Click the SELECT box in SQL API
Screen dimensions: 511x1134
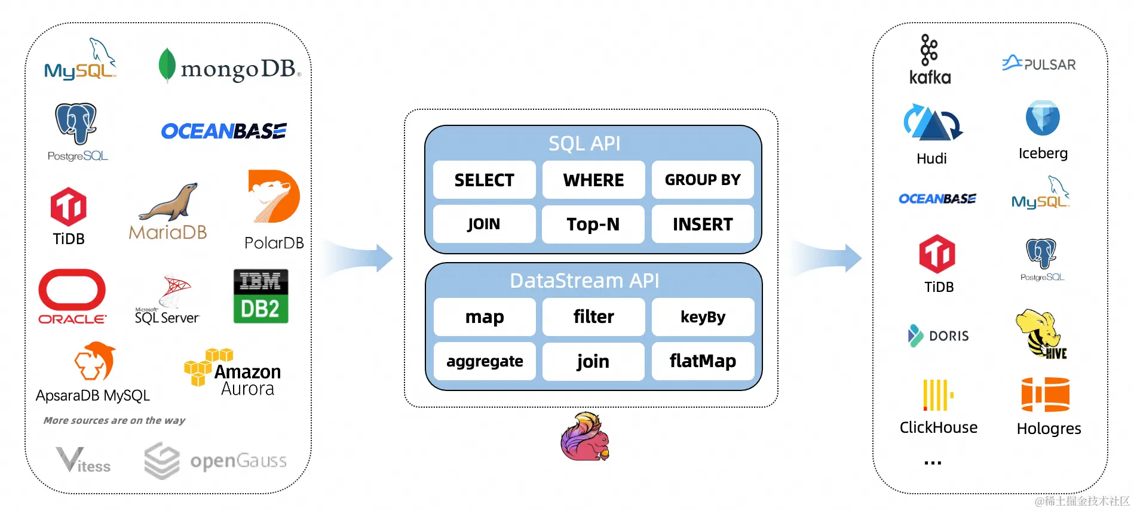pyautogui.click(x=484, y=180)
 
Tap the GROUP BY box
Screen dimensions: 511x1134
pyautogui.click(x=702, y=180)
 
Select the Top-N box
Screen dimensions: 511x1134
pyautogui.click(x=593, y=224)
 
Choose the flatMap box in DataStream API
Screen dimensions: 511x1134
pyautogui.click(x=703, y=361)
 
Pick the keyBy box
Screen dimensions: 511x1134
pyautogui.click(x=703, y=317)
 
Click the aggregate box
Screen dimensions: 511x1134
pyautogui.click(x=485, y=361)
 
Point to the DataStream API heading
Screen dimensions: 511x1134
pyautogui.click(x=584, y=281)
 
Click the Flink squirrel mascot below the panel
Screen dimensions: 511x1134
pyautogui.click(x=585, y=436)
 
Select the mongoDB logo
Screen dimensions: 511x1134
pyautogui.click(x=229, y=67)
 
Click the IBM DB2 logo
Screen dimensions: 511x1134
pyautogui.click(x=260, y=296)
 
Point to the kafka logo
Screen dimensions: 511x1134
pyautogui.click(x=930, y=60)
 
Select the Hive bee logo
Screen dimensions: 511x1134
pyautogui.click(x=1041, y=333)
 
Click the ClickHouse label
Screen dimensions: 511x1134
pyautogui.click(x=938, y=427)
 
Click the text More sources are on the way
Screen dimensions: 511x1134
pyautogui.click(x=114, y=420)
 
